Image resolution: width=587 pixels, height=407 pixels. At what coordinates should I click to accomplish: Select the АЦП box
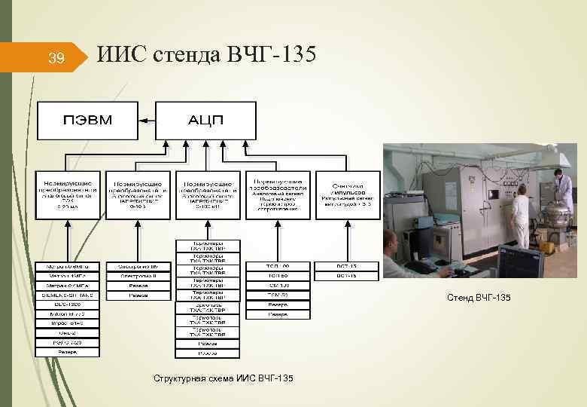(205, 120)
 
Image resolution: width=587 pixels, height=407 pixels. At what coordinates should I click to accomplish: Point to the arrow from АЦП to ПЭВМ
(147, 120)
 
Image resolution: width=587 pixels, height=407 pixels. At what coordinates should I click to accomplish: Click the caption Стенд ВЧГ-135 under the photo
(479, 298)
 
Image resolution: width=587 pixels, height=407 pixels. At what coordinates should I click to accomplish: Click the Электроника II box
(138, 276)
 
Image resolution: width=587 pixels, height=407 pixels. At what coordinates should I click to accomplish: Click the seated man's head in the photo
(391, 239)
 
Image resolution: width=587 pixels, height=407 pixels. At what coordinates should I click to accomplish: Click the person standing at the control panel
(519, 214)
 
